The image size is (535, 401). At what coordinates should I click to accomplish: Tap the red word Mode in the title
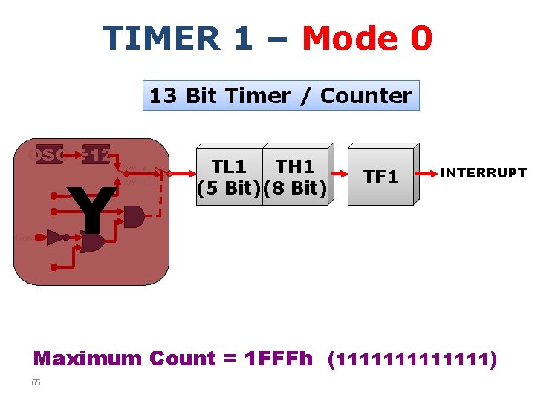pyautogui.click(x=346, y=39)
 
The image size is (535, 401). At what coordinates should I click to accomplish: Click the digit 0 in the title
pyautogui.click(x=420, y=39)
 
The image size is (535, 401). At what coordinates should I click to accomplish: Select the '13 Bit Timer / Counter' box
pyautogui.click(x=281, y=96)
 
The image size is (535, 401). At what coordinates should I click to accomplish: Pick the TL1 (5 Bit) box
pyautogui.click(x=230, y=177)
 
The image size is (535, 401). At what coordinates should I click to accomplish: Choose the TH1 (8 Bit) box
pyautogui.click(x=295, y=177)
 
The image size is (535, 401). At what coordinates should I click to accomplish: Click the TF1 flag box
pyautogui.click(x=380, y=177)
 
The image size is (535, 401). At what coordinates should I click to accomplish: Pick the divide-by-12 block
pyautogui.click(x=97, y=156)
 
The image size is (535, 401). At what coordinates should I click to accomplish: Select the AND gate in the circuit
pyautogui.click(x=134, y=217)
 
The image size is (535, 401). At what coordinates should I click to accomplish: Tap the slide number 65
pyautogui.click(x=36, y=382)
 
